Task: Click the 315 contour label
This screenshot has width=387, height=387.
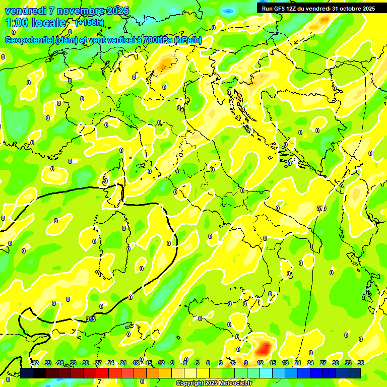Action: pyautogui.click(x=91, y=319)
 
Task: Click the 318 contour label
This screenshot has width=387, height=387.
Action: pyautogui.click(x=321, y=208)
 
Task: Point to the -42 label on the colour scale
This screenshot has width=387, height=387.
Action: pyautogui.click(x=34, y=363)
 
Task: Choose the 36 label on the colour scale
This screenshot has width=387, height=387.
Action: pyautogui.click(x=361, y=363)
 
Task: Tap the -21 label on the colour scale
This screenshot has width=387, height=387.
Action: pyautogui.click(x=122, y=363)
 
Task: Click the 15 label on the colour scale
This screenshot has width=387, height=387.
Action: pyautogui.click(x=273, y=363)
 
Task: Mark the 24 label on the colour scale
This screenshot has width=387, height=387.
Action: pyautogui.click(x=310, y=363)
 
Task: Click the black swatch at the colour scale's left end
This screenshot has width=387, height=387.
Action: pyautogui.click(x=27, y=373)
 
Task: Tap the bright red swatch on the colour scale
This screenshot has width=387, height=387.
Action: pyautogui.click(x=103, y=373)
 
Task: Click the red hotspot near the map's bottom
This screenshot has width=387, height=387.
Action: pyautogui.click(x=264, y=347)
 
